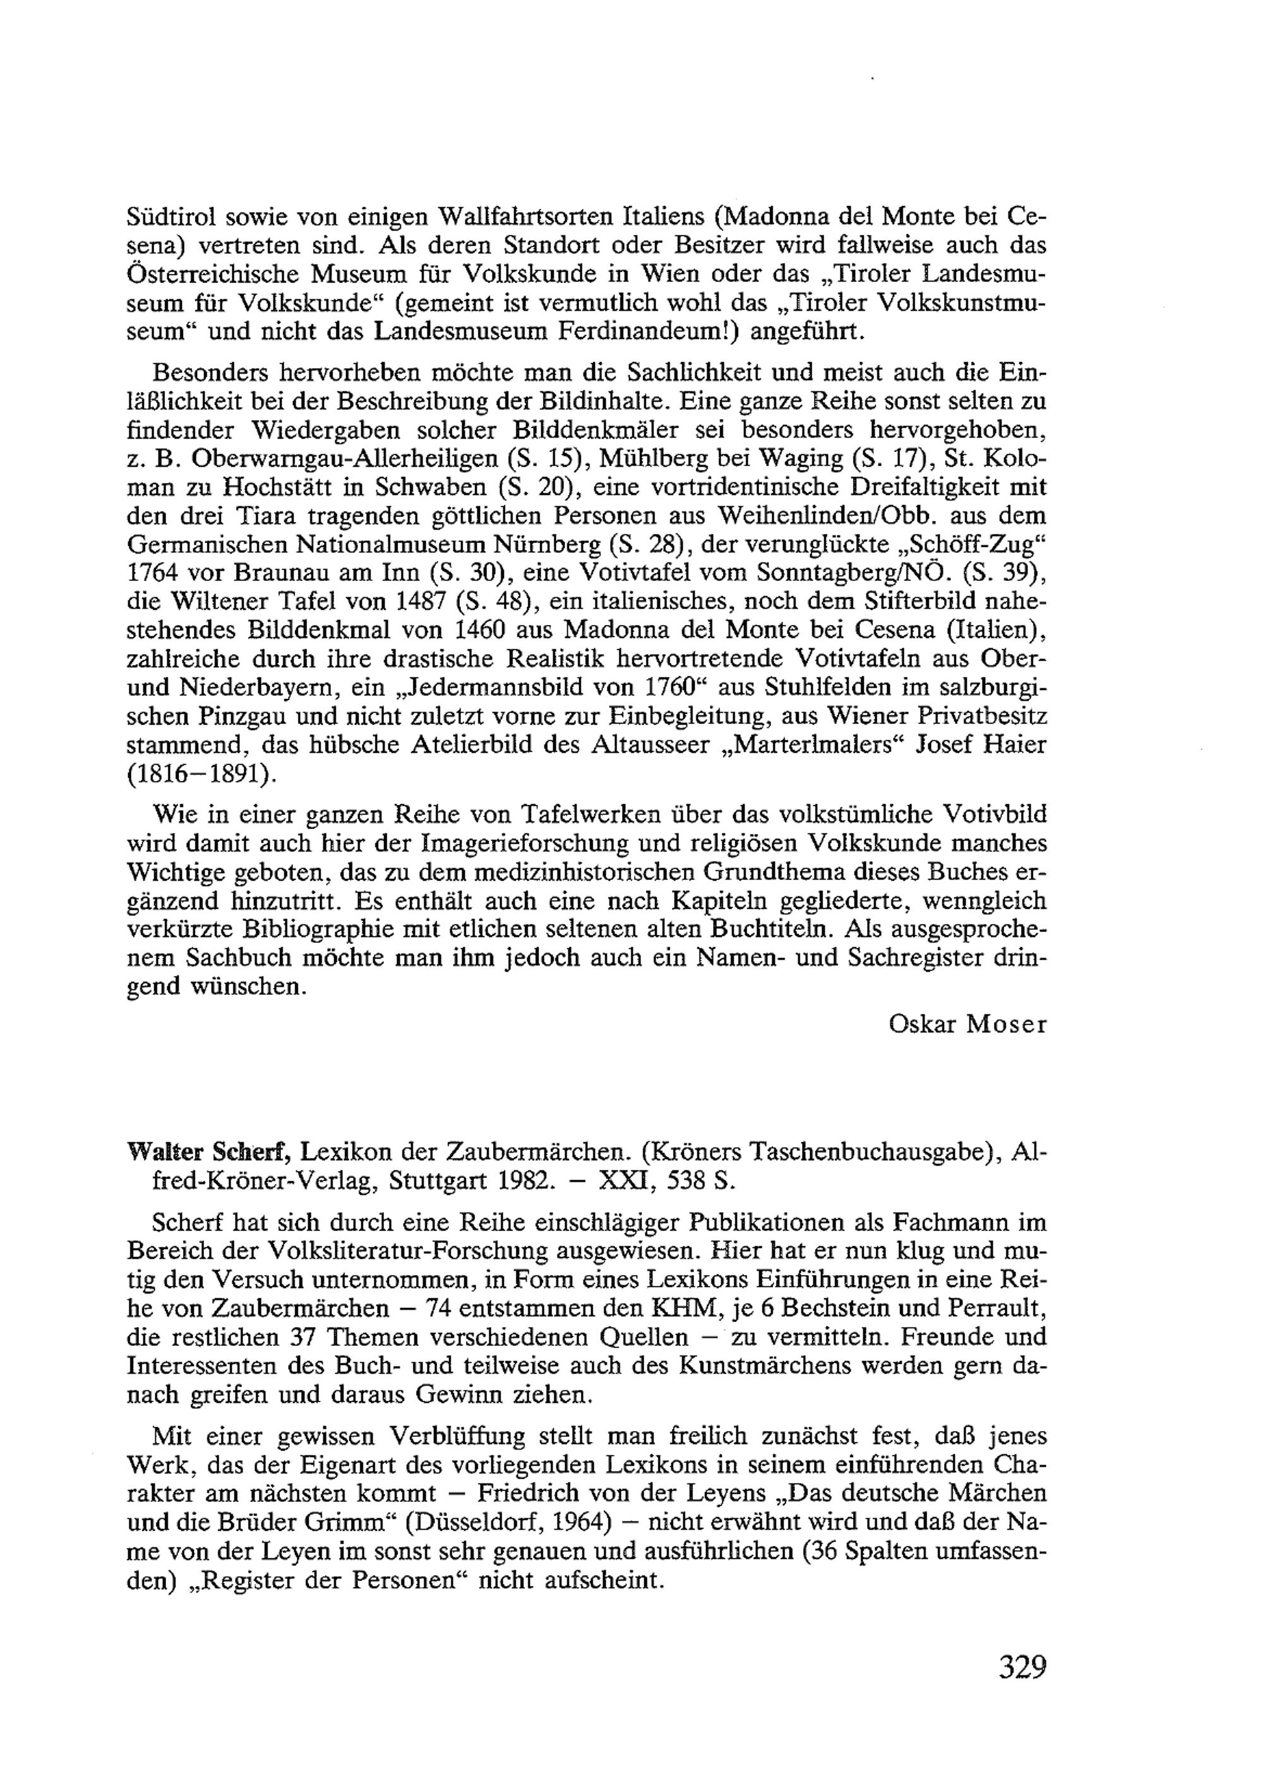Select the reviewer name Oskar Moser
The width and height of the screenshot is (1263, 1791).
coord(967,1024)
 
